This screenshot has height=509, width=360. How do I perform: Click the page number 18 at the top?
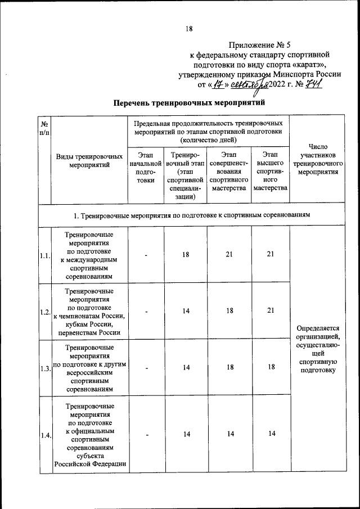tap(189, 30)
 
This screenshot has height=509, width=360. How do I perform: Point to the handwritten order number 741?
tap(313, 84)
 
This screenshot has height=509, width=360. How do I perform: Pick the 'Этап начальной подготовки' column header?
tap(146, 168)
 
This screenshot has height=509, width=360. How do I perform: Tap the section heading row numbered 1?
tap(192, 215)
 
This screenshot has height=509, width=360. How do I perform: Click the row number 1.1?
tap(44, 256)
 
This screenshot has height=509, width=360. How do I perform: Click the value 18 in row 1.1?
tap(186, 255)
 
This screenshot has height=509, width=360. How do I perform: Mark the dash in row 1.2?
tap(146, 312)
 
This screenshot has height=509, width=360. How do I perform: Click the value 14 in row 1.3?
tap(186, 368)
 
